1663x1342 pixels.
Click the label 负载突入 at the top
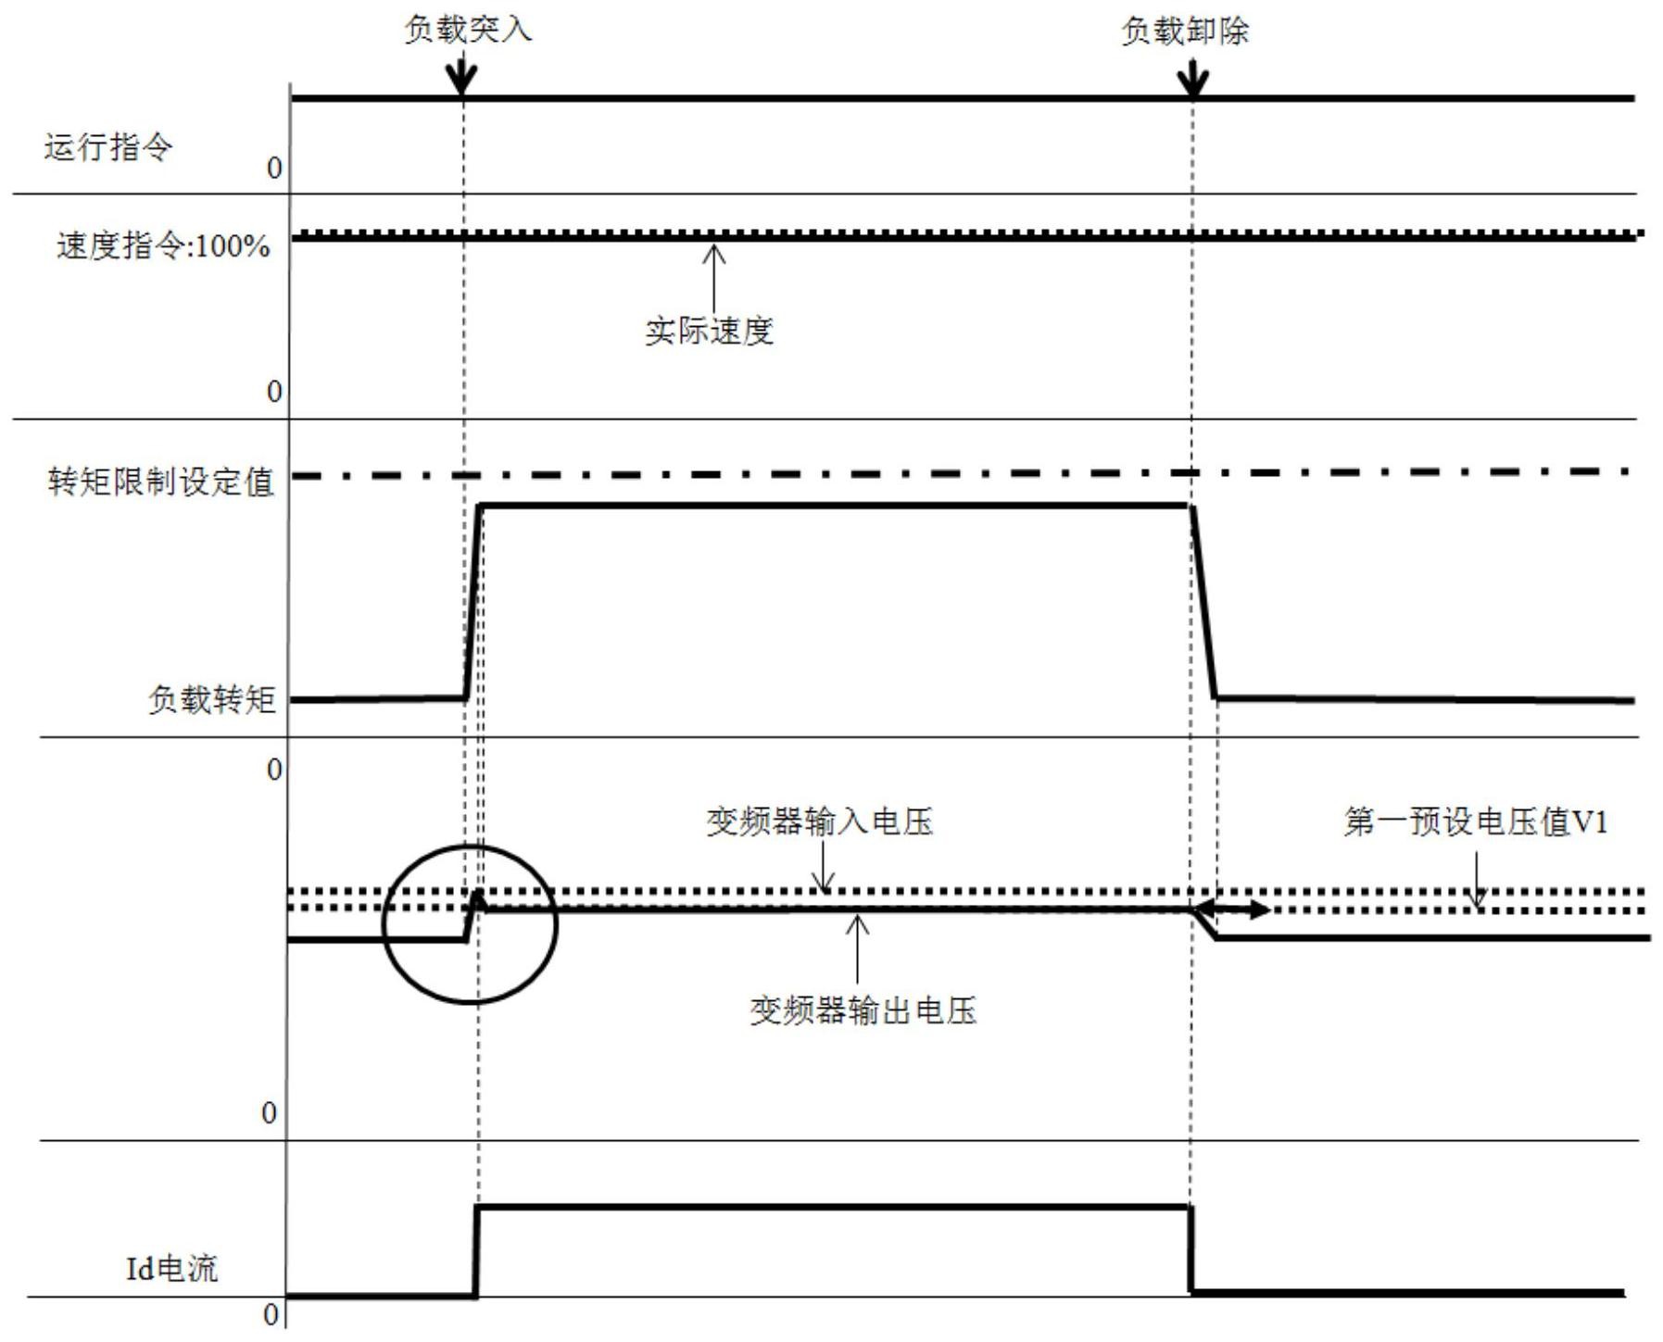pos(468,30)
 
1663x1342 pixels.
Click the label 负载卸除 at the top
pos(1185,31)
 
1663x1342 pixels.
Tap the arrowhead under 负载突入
pos(461,80)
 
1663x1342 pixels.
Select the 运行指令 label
pos(107,147)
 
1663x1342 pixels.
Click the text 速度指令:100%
pos(163,246)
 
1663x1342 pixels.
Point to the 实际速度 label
pos(709,332)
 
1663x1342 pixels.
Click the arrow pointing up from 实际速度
pos(713,278)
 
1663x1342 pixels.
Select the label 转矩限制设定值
pos(161,482)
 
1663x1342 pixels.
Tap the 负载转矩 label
pos(212,699)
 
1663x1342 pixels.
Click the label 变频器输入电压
pos(819,822)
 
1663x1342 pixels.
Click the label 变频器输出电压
pos(863,1010)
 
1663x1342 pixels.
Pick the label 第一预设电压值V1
pos(1475,822)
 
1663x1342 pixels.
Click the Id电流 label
pos(171,1268)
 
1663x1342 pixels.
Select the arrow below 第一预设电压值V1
pos(1477,881)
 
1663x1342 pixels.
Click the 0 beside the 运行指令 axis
pos(273,169)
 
